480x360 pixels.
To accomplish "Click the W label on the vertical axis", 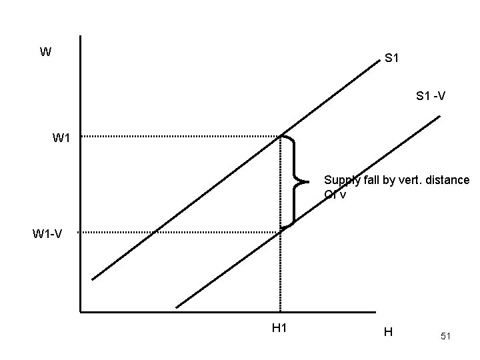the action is point(45,52).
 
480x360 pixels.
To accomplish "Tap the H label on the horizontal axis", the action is point(388,331).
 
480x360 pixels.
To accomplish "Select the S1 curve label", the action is point(392,59).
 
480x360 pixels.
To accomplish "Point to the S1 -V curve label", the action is point(431,97).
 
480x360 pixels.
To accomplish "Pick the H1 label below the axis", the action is point(279,327).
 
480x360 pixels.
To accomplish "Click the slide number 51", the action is point(445,337).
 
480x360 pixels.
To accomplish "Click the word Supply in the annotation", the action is point(340,180).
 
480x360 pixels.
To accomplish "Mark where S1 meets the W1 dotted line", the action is point(280,137).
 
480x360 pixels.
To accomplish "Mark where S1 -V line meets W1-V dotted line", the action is point(280,232).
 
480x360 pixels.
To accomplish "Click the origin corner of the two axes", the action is point(80,311).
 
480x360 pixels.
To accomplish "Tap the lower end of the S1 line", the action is point(93,279).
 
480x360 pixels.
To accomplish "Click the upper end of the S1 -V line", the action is point(440,117).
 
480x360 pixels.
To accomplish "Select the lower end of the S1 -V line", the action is point(177,307).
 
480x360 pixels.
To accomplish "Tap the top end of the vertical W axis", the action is point(80,36).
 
